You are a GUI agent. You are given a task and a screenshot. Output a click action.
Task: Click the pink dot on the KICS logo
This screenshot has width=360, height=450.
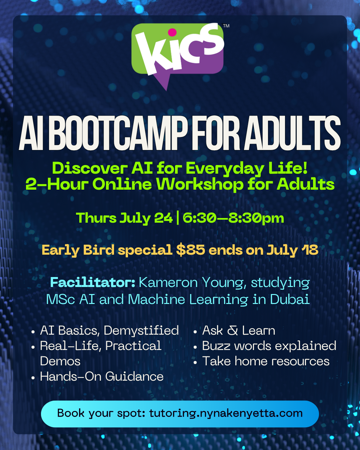tap(172, 32)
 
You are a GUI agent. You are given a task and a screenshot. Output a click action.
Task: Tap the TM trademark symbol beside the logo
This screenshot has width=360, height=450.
tap(226, 26)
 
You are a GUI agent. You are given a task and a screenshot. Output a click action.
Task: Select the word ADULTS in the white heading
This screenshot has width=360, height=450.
tap(292, 133)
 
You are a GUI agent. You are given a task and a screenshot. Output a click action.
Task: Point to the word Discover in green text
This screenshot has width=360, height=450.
tap(90, 168)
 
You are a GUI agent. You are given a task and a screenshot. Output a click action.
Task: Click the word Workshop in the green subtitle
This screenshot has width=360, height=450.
tap(200, 184)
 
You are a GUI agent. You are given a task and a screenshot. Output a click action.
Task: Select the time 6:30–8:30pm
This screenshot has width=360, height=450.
tap(233, 218)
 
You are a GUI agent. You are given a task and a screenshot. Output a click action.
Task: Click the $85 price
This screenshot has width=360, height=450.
tap(191, 250)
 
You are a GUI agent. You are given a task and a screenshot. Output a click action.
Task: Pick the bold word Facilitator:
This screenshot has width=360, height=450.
tap(93, 283)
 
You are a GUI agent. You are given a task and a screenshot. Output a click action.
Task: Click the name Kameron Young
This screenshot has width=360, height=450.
tap(191, 283)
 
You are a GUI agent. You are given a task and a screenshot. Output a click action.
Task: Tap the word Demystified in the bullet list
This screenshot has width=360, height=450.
tap(141, 331)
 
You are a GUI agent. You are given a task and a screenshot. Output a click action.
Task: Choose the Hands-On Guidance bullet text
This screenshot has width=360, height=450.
tap(102, 376)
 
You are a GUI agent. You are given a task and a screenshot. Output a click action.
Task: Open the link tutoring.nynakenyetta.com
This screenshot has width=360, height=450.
tap(226, 413)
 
